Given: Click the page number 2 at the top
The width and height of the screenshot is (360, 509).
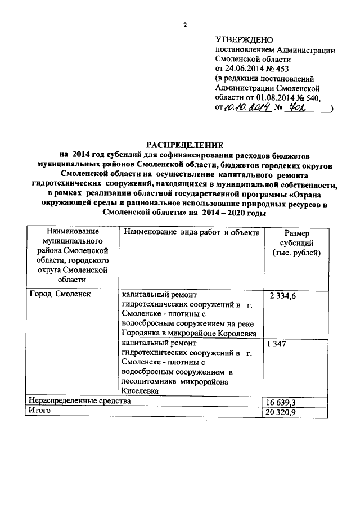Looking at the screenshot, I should [184, 24].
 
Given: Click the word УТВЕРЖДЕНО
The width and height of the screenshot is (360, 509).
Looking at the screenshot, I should [243, 39].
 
